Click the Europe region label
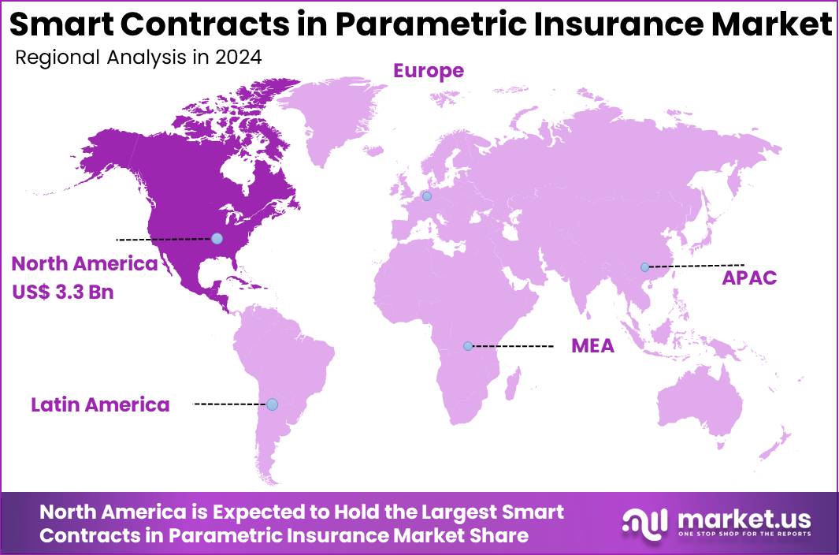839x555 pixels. tap(429, 71)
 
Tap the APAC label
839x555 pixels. tap(750, 277)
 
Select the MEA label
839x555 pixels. tap(592, 346)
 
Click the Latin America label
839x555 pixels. tap(100, 405)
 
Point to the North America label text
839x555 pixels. tap(85, 264)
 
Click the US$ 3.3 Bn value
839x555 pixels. tap(63, 292)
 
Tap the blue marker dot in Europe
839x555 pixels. tap(427, 196)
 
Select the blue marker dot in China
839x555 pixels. tap(645, 267)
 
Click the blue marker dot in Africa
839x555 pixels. tap(468, 346)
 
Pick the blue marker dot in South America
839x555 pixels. tap(272, 404)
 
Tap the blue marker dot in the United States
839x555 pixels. tap(217, 238)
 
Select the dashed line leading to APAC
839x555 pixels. tap(697, 266)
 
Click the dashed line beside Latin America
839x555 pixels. tap(230, 404)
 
